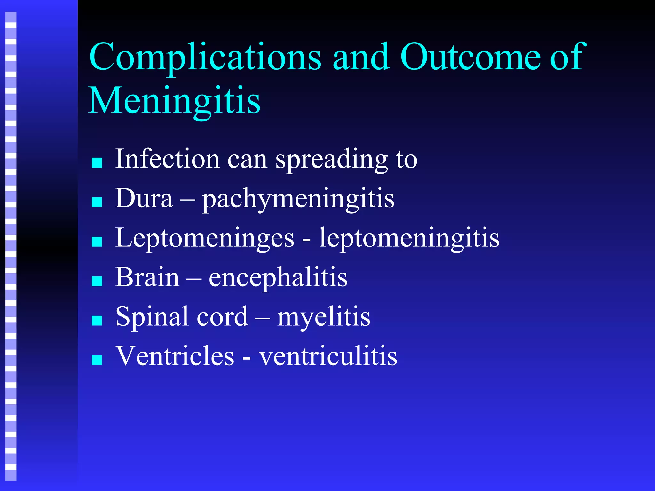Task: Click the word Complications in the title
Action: click(205, 58)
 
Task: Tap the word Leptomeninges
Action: click(204, 238)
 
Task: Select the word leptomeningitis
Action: click(409, 238)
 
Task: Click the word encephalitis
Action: click(278, 277)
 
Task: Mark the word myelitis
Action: click(324, 317)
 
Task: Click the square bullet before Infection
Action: click(97, 163)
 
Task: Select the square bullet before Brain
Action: click(97, 281)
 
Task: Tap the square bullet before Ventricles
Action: click(97, 360)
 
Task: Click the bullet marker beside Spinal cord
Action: click(97, 321)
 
